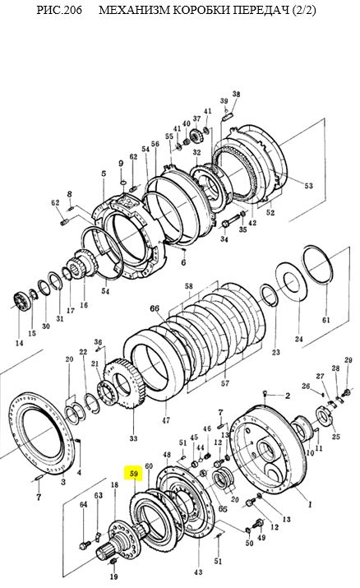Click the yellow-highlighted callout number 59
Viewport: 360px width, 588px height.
point(134,474)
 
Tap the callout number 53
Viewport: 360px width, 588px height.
point(308,186)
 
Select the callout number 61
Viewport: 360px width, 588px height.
point(326,320)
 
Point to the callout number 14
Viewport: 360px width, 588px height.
point(19,343)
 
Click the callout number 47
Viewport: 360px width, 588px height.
point(165,420)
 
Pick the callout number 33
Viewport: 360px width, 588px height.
point(133,438)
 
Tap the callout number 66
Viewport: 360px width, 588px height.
point(155,308)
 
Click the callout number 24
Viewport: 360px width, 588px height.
point(298,340)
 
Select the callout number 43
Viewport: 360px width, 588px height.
point(198,572)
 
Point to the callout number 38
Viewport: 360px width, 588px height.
point(236,94)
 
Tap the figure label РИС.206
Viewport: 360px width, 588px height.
point(59,10)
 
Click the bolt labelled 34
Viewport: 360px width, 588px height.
point(230,220)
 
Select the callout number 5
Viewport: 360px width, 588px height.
point(104,174)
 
